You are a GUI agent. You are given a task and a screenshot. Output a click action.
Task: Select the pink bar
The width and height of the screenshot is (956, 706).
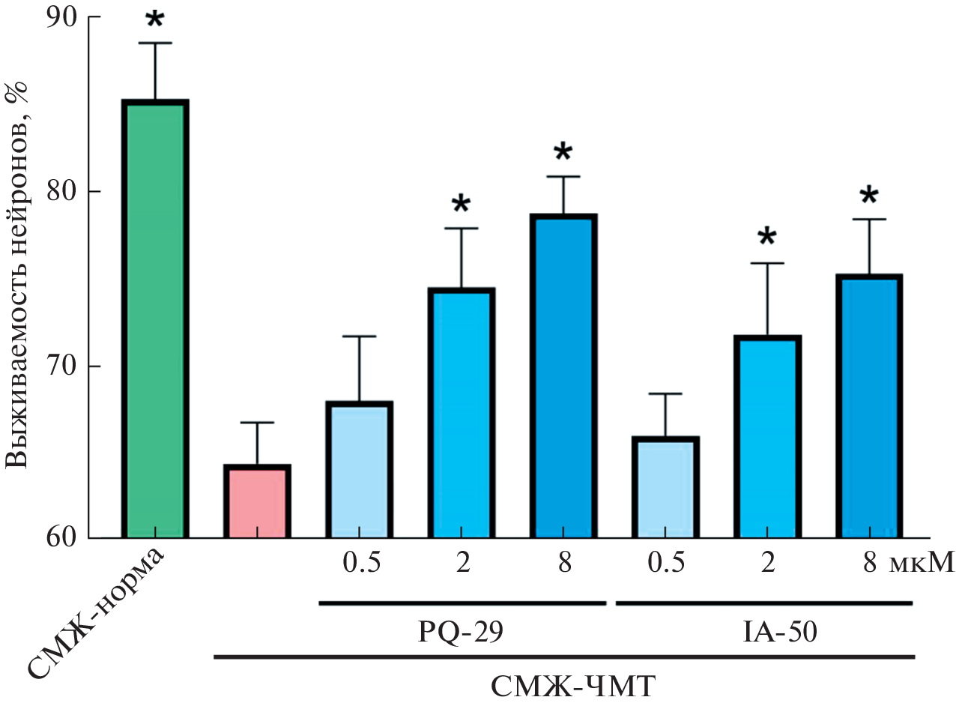coord(257,501)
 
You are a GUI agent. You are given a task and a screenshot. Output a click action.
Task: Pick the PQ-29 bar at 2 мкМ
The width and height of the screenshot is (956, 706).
coord(461,413)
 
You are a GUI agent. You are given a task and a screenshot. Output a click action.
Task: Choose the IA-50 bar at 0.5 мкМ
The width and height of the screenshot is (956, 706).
coord(666,487)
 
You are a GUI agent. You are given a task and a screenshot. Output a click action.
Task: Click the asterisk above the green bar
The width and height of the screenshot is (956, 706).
coord(154,20)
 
